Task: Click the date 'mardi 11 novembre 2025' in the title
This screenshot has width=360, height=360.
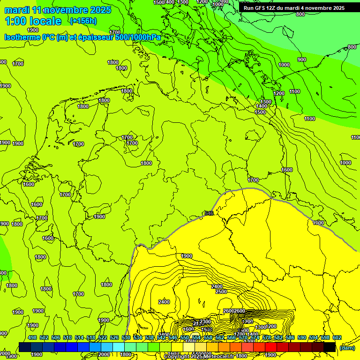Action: (58, 10)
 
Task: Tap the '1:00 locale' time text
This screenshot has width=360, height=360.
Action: (33, 21)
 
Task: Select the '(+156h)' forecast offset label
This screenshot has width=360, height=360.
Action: (83, 21)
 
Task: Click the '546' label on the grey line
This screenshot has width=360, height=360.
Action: (209, 214)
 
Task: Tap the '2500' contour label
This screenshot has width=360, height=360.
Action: (221, 292)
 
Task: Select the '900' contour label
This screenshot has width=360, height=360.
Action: (302, 60)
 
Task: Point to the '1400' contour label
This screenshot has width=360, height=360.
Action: (262, 106)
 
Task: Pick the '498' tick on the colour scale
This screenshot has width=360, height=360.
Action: (32, 337)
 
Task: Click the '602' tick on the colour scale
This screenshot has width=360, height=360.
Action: (337, 337)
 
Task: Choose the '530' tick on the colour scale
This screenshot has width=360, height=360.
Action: (126, 337)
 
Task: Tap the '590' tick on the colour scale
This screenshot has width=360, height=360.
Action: (301, 337)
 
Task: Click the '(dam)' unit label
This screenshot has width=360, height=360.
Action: (347, 347)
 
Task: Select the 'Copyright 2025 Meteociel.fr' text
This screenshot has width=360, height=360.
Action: (199, 357)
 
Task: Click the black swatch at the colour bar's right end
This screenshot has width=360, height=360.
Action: (330, 347)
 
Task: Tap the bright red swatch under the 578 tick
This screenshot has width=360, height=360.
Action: (271, 347)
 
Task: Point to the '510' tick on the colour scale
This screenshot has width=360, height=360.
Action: (67, 337)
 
